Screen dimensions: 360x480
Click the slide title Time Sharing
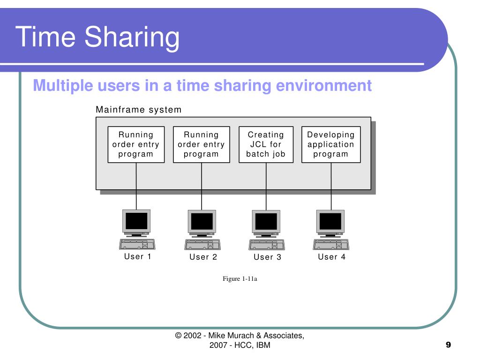pyautogui.click(x=97, y=37)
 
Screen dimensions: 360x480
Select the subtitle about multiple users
pyautogui.click(x=202, y=86)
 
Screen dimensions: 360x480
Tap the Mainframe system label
pyautogui.click(x=138, y=110)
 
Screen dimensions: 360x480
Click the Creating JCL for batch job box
pyautogui.click(x=266, y=144)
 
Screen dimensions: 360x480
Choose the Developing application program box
pyautogui.click(x=331, y=144)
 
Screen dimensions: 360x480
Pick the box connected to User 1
pyautogui.click(x=136, y=144)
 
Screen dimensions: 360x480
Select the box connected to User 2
pyautogui.click(x=202, y=144)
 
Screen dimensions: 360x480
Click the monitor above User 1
pyautogui.click(x=136, y=221)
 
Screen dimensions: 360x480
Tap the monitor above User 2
pyautogui.click(x=202, y=222)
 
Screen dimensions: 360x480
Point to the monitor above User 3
pyautogui.click(x=266, y=222)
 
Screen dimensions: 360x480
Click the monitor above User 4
pyautogui.click(x=330, y=221)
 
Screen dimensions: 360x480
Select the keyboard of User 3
pyautogui.click(x=266, y=244)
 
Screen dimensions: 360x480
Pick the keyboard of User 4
pyautogui.click(x=331, y=244)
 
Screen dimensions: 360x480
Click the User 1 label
pyautogui.click(x=137, y=256)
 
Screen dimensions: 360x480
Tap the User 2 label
pyautogui.click(x=203, y=257)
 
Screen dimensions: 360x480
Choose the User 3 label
pyautogui.click(x=267, y=257)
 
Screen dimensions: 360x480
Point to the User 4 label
pyautogui.click(x=331, y=256)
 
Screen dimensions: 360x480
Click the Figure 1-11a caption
pyautogui.click(x=240, y=279)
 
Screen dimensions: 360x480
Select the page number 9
pyautogui.click(x=448, y=345)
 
